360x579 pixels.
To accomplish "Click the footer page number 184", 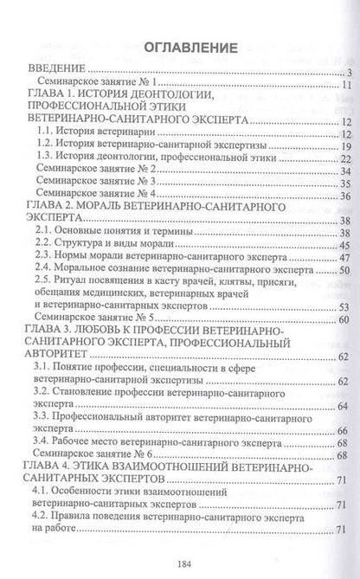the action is tap(181, 559).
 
